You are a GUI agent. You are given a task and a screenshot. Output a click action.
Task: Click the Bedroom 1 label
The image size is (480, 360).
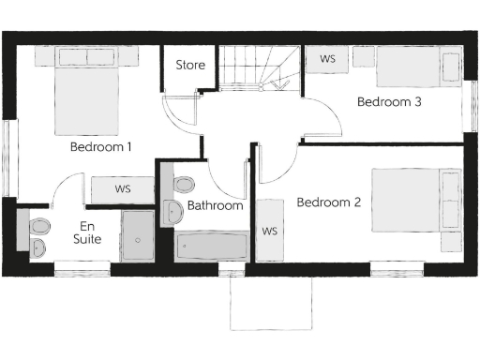101,147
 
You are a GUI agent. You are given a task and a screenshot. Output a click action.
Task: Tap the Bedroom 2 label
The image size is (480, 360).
328,202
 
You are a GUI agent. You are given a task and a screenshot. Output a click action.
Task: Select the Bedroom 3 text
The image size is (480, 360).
389,103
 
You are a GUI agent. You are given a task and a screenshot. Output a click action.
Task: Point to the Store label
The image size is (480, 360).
190,66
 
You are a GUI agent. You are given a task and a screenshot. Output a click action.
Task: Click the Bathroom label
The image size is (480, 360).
215,205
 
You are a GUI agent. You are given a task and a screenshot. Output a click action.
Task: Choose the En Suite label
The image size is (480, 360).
86,232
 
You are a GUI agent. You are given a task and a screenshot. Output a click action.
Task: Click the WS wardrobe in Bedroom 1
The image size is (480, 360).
123,189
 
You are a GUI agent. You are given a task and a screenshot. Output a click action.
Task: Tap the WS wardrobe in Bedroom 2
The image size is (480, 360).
270,230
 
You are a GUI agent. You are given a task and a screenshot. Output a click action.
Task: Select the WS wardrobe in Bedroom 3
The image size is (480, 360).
328,59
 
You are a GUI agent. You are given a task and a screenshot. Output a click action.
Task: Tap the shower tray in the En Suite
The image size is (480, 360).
138,235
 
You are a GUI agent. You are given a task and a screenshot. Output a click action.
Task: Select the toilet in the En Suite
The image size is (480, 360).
39,226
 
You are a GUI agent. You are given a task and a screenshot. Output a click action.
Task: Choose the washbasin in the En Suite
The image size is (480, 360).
38,247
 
